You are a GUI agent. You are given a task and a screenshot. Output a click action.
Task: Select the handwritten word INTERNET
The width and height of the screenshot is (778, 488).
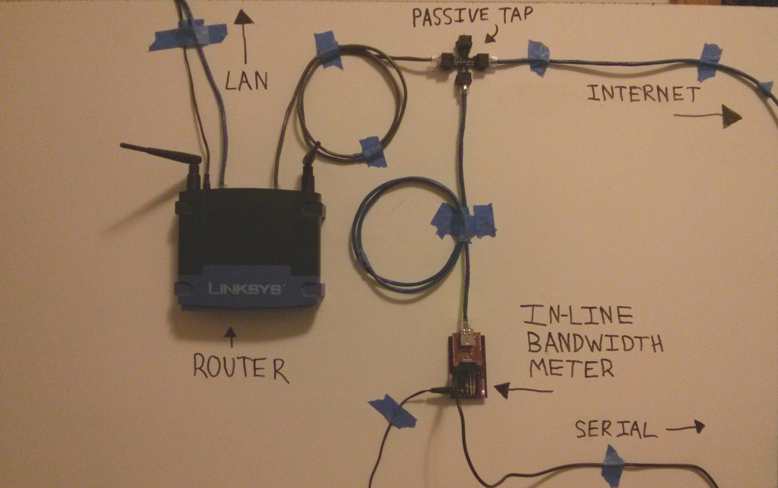tap(644, 94)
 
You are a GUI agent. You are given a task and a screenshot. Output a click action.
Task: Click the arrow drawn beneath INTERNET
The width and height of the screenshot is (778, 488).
tap(707, 116)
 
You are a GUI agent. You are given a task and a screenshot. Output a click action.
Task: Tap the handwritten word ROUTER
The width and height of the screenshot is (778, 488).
tap(240, 367)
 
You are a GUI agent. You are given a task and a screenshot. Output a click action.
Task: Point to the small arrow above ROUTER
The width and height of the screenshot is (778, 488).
tap(229, 337)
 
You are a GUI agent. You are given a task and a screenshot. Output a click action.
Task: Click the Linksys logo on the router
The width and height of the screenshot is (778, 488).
tap(245, 289)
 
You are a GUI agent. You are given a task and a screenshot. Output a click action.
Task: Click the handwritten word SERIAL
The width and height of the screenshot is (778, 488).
tap(615, 429)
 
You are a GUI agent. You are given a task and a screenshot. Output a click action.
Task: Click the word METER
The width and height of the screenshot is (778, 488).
tap(571, 369)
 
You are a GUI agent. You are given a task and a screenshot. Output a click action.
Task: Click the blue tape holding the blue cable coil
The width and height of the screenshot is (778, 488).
tap(463, 220)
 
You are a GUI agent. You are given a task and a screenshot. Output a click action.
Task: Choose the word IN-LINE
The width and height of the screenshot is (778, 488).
tap(566, 315)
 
